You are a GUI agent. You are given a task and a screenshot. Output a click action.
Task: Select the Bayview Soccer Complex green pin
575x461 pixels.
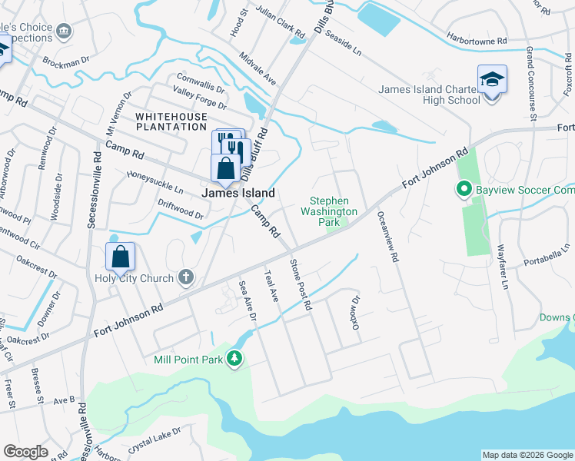click(464, 189)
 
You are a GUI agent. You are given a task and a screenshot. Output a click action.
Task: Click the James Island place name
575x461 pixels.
click(238, 194)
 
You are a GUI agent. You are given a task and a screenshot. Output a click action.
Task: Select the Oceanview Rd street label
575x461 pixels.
click(387, 238)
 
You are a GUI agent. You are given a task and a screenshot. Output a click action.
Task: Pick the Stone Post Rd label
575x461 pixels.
click(300, 284)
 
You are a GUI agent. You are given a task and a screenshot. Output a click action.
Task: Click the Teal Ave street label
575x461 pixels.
click(270, 285)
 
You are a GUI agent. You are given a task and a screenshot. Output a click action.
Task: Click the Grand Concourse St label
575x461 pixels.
click(530, 84)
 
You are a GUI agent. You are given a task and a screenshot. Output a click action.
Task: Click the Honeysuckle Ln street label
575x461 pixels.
click(155, 181)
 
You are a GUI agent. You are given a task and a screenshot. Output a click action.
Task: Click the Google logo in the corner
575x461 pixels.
click(26, 452)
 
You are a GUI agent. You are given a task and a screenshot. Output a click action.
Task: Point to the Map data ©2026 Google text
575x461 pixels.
click(527, 456)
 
